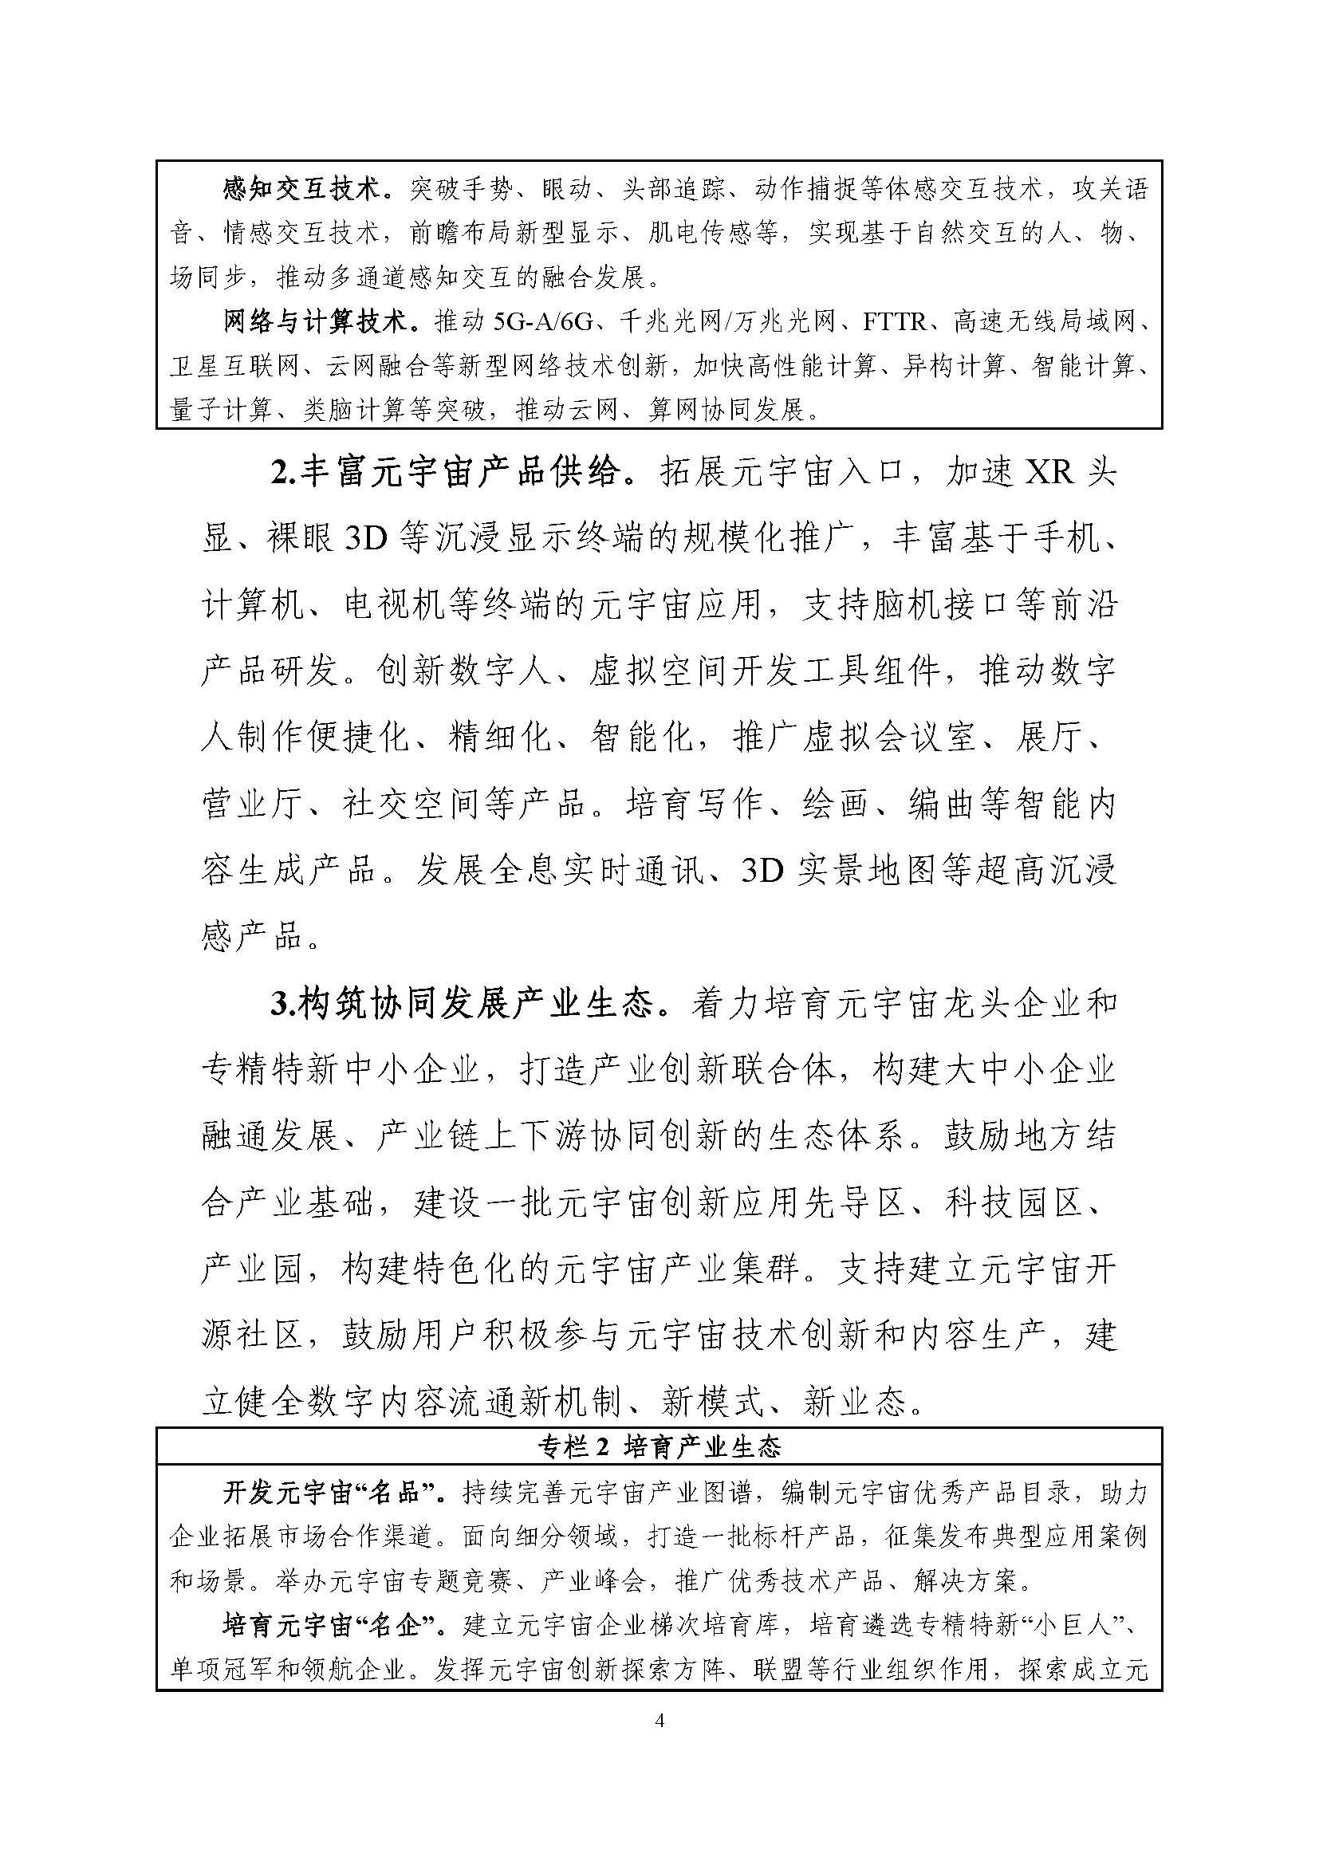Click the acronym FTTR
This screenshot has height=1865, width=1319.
[x=894, y=322]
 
